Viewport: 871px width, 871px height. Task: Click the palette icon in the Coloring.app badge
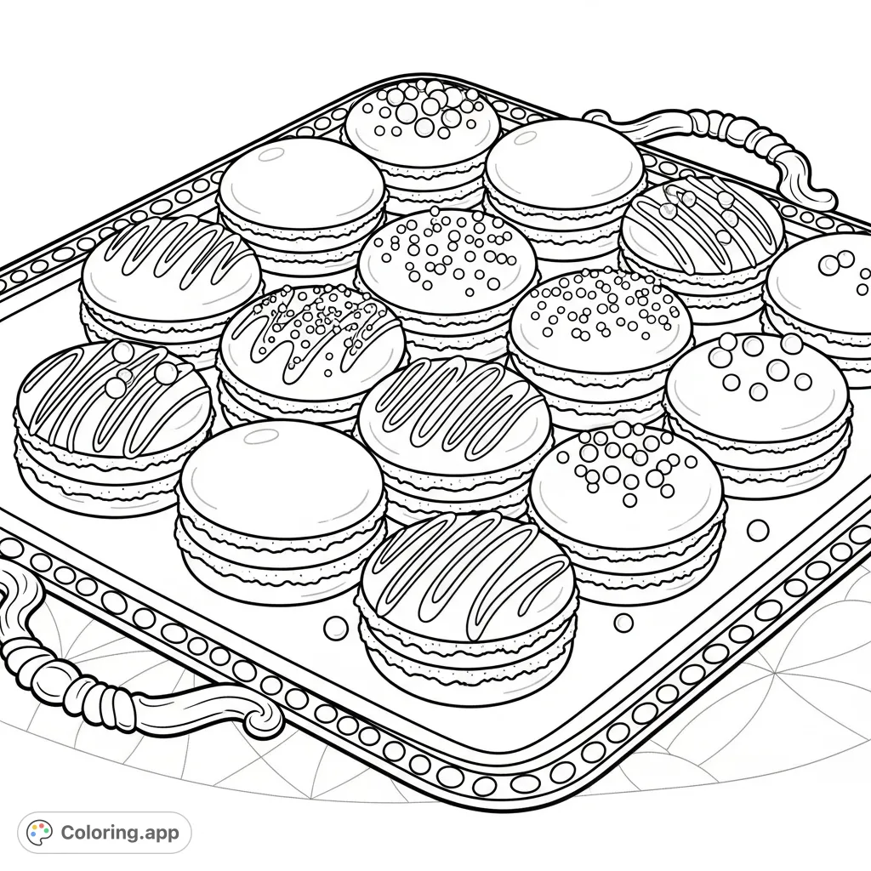[39, 832]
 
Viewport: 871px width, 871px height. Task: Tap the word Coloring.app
[120, 833]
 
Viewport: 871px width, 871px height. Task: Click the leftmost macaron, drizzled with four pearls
[113, 425]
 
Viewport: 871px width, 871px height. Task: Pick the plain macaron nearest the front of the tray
[281, 503]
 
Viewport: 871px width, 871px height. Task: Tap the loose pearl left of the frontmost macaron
[335, 628]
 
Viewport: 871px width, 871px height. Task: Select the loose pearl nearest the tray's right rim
[758, 530]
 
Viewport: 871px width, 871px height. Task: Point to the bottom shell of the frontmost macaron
[467, 656]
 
